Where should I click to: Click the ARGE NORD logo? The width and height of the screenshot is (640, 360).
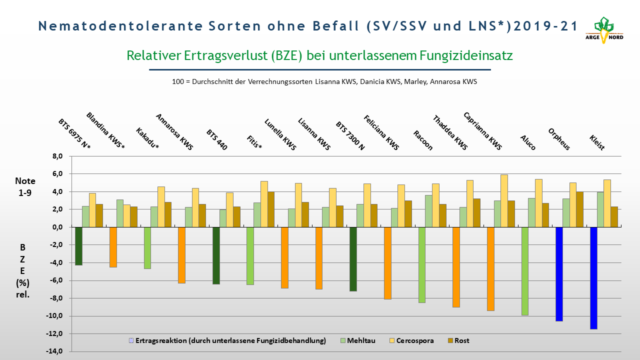coord(604,30)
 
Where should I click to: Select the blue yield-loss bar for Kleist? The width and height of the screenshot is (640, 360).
coord(593,278)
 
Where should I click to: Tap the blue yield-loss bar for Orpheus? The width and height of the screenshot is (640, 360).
coord(559,274)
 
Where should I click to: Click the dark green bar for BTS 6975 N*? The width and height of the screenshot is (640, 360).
coord(78,246)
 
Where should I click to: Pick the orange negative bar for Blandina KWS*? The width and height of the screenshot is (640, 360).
coord(113,247)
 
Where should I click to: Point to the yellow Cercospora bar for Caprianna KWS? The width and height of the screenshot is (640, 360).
coord(504,201)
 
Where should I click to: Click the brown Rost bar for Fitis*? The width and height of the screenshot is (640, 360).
coord(271,209)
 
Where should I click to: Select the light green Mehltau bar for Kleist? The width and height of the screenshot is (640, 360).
coord(600,209)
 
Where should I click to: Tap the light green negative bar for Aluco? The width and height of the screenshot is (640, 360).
coord(525,271)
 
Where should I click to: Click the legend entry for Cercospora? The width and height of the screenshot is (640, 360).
coord(411,340)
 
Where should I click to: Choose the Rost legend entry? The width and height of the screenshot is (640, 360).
coord(458,340)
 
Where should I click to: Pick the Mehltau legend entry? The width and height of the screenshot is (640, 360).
coord(358,340)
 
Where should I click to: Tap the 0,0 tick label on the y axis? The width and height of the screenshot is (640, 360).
coord(57,227)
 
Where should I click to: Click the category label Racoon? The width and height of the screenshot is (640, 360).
coord(423,140)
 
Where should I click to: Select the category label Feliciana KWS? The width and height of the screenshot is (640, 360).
coord(381,132)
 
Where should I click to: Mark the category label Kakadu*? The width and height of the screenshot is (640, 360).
coord(147,138)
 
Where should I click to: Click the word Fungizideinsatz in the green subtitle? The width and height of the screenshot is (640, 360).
coord(466,55)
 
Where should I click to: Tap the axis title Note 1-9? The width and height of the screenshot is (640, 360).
coord(25,187)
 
